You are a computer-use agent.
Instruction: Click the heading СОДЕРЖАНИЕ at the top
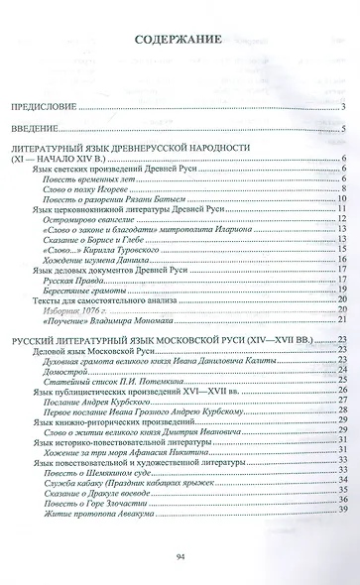pos(180,42)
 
